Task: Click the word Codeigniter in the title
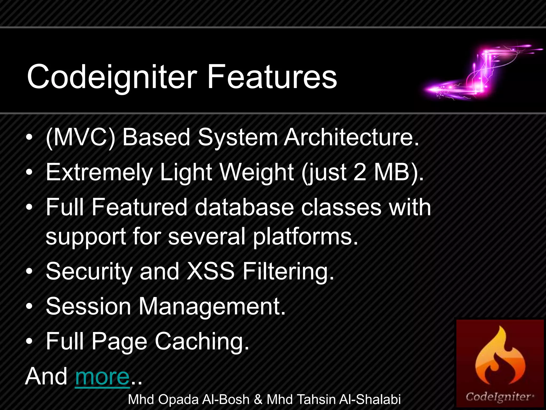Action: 112,77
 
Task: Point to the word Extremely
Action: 99,172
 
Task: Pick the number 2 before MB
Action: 360,172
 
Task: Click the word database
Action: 244,207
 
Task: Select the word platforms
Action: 305,236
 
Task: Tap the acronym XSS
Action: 211,271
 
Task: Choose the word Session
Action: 88,306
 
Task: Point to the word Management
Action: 212,306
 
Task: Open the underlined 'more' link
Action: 102,376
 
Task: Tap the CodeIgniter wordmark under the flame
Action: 499,397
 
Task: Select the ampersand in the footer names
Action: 258,400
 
